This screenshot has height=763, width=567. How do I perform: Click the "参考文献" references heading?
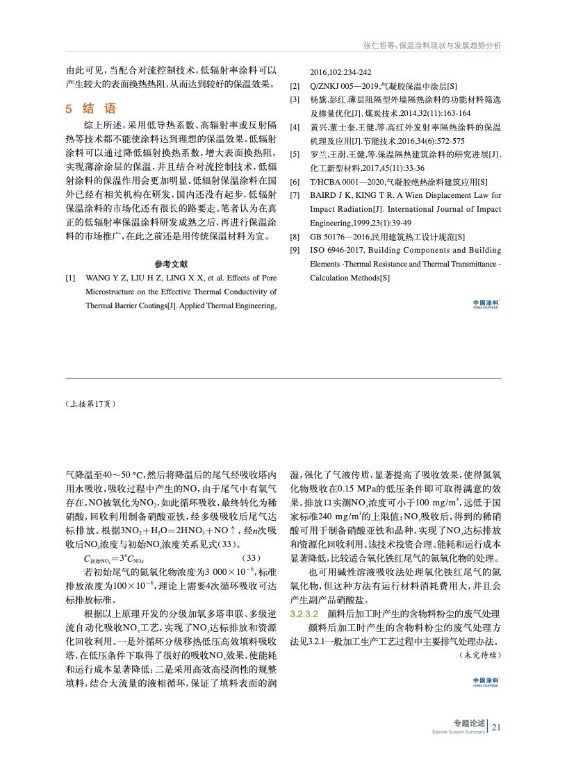coord(171,265)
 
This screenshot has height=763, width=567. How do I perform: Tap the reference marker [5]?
coord(295,154)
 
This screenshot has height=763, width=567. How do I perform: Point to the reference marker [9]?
coord(295,250)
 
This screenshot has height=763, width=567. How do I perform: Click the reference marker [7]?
coord(295,195)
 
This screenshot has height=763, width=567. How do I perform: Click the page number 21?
coord(496,728)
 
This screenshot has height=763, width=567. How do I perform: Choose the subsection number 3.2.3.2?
coord(304,614)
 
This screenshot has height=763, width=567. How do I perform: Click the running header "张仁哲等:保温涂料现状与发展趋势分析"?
coord(432,45)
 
